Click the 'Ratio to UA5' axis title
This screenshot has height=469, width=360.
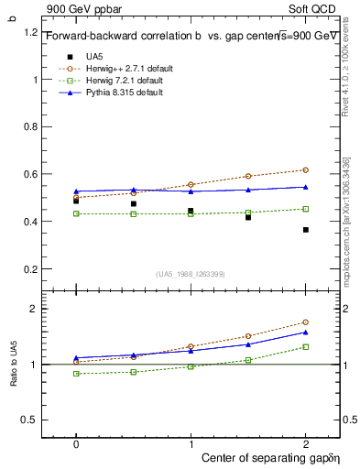[x=14, y=364]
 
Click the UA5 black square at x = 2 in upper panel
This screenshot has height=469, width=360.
[x=305, y=230]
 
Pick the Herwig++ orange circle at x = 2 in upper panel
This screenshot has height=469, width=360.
[x=305, y=170]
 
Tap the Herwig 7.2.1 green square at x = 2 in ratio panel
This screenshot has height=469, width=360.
[x=305, y=346]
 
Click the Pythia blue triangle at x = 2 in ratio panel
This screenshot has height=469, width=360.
[x=305, y=332]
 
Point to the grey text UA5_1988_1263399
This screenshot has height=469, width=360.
[x=191, y=274]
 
